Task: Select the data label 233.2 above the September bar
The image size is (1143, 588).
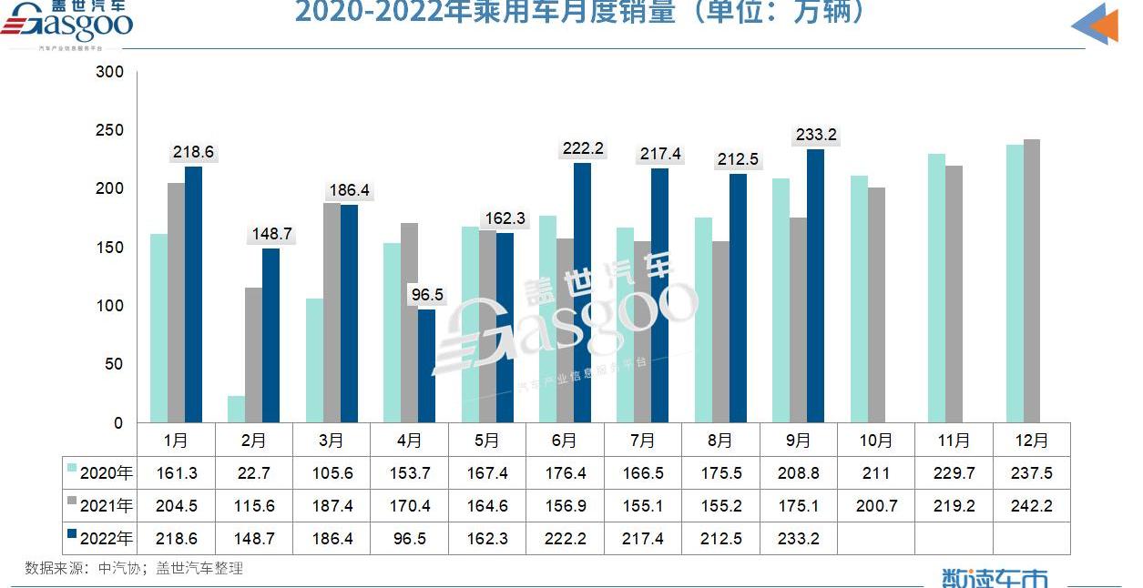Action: coord(816,135)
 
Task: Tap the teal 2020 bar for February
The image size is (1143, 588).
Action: coord(236,410)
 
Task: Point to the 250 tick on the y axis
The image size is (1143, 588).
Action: coord(109,130)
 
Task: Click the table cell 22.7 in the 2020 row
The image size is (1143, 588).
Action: coord(254,473)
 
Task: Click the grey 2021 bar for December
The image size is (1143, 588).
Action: coord(1031,281)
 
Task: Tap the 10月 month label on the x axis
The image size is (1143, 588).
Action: coord(875,441)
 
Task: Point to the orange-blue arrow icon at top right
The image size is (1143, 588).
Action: coord(1096,24)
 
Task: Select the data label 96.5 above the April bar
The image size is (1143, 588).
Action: coord(427,295)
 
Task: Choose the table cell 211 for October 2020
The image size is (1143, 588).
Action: coord(876,473)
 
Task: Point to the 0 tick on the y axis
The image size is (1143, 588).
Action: coord(117,423)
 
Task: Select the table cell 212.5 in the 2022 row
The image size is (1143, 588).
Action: coord(721,539)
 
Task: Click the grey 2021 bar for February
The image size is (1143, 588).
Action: coord(253,355)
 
